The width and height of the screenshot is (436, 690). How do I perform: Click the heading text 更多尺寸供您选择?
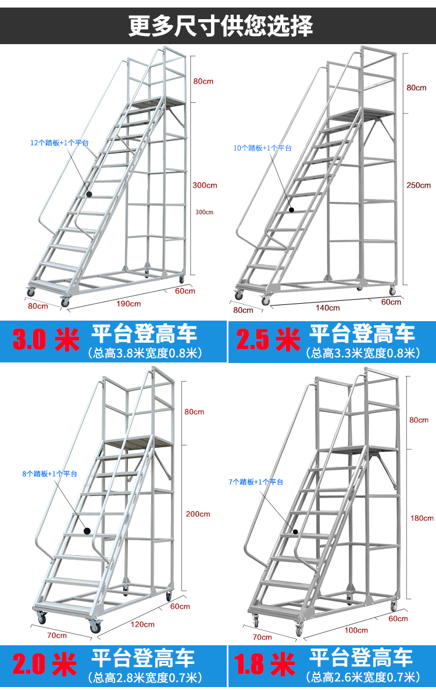pyautogui.click(x=220, y=26)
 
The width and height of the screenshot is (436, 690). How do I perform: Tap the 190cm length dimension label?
pyautogui.click(x=128, y=304)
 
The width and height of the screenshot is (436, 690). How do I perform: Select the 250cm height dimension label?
pyautogui.click(x=419, y=185)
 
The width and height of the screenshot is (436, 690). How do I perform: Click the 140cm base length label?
pyautogui.click(x=328, y=308)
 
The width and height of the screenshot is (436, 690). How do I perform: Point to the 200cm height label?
pyautogui.click(x=198, y=513)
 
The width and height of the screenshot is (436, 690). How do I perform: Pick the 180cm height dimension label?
pyautogui.click(x=422, y=518)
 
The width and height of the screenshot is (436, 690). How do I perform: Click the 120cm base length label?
pyautogui.click(x=142, y=624)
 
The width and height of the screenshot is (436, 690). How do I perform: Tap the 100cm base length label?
pyautogui.click(x=356, y=630)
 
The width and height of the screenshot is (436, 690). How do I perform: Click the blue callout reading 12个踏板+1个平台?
pyautogui.click(x=59, y=142)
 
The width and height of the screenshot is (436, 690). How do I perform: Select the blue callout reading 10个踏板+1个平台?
pyautogui.click(x=263, y=148)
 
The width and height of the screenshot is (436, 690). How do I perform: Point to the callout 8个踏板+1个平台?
pyautogui.click(x=50, y=473)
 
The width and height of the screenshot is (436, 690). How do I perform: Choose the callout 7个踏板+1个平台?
pyautogui.click(x=256, y=482)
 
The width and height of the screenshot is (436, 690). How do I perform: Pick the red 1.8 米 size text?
pyautogui.click(x=265, y=664)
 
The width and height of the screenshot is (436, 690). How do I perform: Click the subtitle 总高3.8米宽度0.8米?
pyautogui.click(x=145, y=353)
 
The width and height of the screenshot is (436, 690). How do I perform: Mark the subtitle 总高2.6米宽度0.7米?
pyautogui.click(x=363, y=677)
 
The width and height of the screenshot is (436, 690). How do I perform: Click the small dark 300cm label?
pyautogui.click(x=205, y=212)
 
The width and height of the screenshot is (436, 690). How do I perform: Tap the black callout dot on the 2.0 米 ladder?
pyautogui.click(x=87, y=531)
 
